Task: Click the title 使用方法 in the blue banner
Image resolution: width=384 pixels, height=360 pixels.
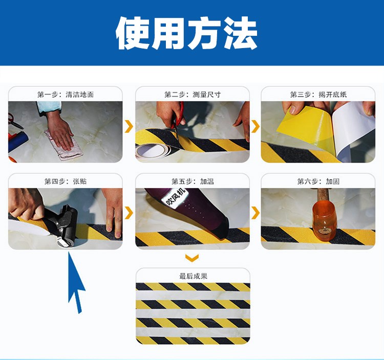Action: (x=186, y=33)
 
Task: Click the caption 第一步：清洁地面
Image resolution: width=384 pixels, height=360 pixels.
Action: (x=66, y=95)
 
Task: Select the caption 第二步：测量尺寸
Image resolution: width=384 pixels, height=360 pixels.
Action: (x=193, y=95)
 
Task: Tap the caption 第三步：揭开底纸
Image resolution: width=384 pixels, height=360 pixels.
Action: (x=318, y=95)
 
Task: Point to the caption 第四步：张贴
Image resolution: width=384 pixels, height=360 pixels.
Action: (x=66, y=181)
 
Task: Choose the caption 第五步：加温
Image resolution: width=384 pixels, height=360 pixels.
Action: (x=193, y=181)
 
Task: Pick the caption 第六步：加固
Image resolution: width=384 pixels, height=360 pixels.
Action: (x=318, y=181)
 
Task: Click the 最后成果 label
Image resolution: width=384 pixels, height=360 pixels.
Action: (x=193, y=276)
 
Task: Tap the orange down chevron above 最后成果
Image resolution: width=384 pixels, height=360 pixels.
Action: (x=192, y=258)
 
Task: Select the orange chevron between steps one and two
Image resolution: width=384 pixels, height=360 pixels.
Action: (x=129, y=126)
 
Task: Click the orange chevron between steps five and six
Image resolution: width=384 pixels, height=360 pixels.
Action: (x=255, y=213)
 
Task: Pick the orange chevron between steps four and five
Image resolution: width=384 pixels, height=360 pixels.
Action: (x=129, y=213)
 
